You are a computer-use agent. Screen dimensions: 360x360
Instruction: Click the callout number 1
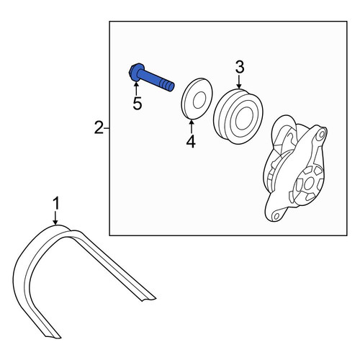point(55,204)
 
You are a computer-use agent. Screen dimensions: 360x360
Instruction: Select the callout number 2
point(99,127)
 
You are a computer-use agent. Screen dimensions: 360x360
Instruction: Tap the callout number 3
point(240,67)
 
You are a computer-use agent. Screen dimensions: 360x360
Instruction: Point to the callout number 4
point(191,142)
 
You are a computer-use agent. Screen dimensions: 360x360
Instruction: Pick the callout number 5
point(138,104)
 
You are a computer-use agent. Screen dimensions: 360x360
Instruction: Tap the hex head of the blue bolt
point(135,71)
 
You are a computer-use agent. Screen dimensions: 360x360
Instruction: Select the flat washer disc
point(197,99)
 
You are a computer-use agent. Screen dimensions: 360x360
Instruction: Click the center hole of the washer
point(199,99)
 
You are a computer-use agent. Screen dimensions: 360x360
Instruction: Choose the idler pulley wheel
point(238,117)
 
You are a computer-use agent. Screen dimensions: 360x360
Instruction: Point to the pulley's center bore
point(244,120)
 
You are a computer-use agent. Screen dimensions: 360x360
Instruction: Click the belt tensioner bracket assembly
point(296,168)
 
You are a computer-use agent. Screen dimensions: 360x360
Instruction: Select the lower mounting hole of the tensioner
point(276,216)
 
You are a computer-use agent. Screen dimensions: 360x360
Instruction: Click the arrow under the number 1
point(55,218)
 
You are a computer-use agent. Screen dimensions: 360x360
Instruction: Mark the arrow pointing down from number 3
point(239,81)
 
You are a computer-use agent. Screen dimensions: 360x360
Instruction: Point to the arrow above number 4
point(192,127)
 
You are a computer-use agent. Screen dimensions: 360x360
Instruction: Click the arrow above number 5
point(136,89)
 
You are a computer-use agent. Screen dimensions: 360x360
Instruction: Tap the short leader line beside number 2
point(107,129)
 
